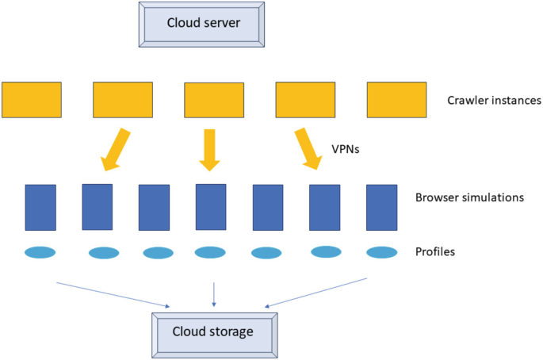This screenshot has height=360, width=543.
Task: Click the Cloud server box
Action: [201, 23]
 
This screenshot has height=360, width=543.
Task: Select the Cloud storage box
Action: [213, 331]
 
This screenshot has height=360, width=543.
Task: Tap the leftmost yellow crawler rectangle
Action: [32, 99]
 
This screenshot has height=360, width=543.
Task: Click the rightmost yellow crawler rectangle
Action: [396, 99]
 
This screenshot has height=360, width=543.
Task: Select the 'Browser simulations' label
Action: [469, 197]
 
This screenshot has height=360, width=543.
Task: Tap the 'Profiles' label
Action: [435, 253]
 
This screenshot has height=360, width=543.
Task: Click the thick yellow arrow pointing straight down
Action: [209, 150]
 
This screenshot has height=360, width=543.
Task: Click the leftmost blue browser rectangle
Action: [40, 207]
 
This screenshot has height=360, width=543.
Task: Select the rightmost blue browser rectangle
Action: [381, 207]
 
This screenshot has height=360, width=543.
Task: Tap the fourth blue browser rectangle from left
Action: [211, 206]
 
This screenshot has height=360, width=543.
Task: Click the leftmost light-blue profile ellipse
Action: [40, 253]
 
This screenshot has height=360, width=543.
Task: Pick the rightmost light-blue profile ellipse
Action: [381, 252]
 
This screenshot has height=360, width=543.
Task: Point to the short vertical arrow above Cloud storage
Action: [213, 295]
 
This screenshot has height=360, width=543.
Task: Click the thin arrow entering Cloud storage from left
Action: [115, 293]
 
